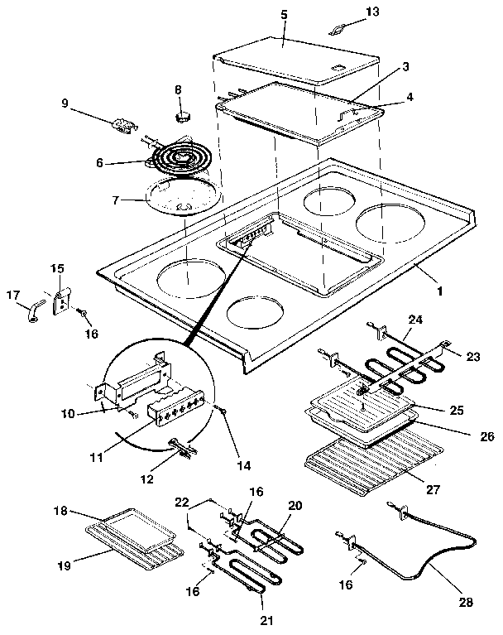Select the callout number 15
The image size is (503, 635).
click(56, 269)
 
